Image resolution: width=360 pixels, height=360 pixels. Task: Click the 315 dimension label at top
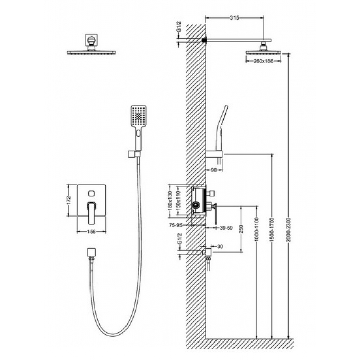[235, 17]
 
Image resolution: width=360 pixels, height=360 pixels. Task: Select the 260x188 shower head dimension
[263, 61]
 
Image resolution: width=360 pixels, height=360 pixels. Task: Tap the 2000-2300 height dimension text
[289, 229]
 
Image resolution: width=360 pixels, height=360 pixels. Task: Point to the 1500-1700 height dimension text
[272, 229]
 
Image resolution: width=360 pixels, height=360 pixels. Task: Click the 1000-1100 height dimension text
[257, 229]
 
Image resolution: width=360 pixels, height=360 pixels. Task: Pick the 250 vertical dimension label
[241, 229]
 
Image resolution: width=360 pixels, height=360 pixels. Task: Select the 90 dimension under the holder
[213, 170]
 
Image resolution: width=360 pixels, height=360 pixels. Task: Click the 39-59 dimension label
[226, 228]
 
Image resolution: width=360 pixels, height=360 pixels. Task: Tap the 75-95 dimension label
[176, 225]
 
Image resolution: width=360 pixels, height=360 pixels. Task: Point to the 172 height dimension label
[70, 200]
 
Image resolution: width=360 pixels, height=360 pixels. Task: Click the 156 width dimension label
[92, 232]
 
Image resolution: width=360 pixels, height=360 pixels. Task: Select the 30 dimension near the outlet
[220, 246]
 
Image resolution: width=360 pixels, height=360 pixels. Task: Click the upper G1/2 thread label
[179, 26]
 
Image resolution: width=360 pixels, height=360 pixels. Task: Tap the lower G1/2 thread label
[179, 238]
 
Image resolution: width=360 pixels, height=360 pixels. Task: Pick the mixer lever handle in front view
[92, 213]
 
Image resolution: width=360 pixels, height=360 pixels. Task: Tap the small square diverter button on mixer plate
[92, 193]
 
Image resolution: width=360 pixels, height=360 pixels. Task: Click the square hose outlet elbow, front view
[92, 253]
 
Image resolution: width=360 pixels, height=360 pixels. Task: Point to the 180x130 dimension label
[170, 201]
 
